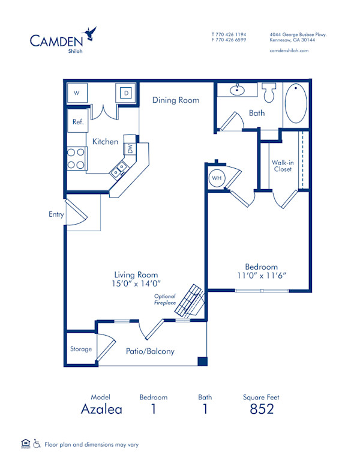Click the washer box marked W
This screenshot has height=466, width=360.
tap(77, 93)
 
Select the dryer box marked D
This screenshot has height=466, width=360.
tap(127, 92)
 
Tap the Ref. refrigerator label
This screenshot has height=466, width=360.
tap(78, 122)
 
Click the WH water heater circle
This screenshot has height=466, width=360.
tap(216, 178)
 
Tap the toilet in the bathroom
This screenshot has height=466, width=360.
tap(269, 93)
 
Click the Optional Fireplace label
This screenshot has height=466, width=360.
tap(166, 300)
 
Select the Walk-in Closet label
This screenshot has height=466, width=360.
tap(282, 166)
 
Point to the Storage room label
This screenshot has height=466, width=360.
tap(81, 349)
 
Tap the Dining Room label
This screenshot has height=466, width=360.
tap(175, 100)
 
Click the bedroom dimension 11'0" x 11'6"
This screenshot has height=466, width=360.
tap(261, 275)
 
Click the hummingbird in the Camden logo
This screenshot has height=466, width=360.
tap(92, 32)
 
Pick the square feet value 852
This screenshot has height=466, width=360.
tap(261, 409)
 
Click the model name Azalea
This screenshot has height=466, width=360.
tap(101, 409)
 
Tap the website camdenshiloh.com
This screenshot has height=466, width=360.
tap(289, 51)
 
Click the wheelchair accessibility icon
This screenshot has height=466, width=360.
tap(37, 444)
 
